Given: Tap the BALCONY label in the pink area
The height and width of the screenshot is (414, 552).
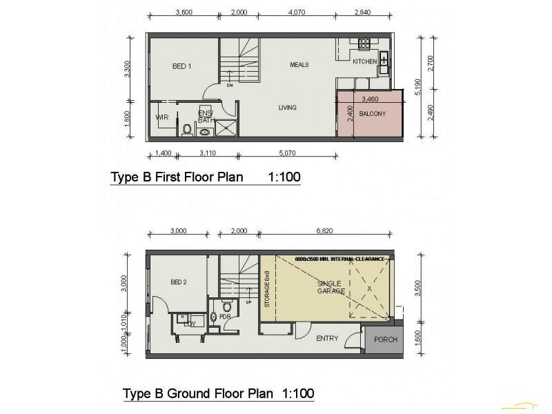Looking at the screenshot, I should click(x=372, y=114).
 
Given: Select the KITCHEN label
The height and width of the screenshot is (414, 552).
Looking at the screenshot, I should click(x=365, y=62).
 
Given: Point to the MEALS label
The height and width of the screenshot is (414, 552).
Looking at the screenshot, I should click(x=299, y=65).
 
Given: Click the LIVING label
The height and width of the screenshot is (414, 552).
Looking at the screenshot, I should click(x=287, y=108).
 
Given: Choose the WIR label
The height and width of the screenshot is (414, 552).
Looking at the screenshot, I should click(x=162, y=117).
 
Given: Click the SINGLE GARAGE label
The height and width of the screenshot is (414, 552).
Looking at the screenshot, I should click(x=330, y=288).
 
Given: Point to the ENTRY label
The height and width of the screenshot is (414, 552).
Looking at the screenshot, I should click(x=326, y=338).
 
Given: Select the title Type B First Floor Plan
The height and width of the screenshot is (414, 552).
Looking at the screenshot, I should click(x=177, y=177).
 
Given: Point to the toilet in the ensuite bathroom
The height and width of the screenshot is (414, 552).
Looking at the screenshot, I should click(x=187, y=128).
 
